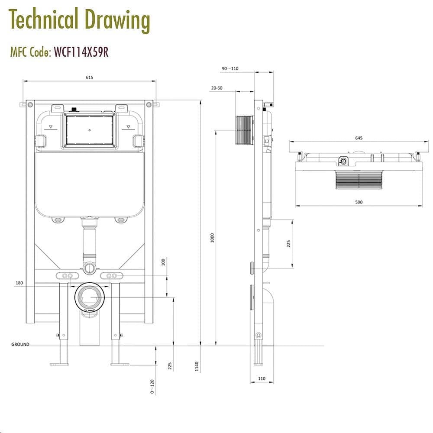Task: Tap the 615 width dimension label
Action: pyautogui.click(x=89, y=77)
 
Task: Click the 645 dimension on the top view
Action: pyautogui.click(x=359, y=138)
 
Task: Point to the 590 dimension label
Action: pyautogui.click(x=359, y=202)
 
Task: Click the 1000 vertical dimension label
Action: pyautogui.click(x=212, y=238)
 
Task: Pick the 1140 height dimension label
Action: pyautogui.click(x=197, y=366)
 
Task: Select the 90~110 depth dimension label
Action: pyautogui.click(x=230, y=68)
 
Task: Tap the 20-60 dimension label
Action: pyautogui.click(x=216, y=88)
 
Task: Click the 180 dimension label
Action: pyautogui.click(x=19, y=283)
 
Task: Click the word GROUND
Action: pyautogui.click(x=20, y=345)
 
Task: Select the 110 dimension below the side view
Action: pyautogui.click(x=262, y=378)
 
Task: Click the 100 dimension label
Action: pyautogui.click(x=163, y=262)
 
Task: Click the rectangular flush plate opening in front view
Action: pyautogui.click(x=89, y=129)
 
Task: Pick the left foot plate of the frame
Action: pyautogui.click(x=59, y=364)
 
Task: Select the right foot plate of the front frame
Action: pyautogui.click(x=120, y=364)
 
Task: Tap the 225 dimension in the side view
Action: pyautogui.click(x=288, y=243)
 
